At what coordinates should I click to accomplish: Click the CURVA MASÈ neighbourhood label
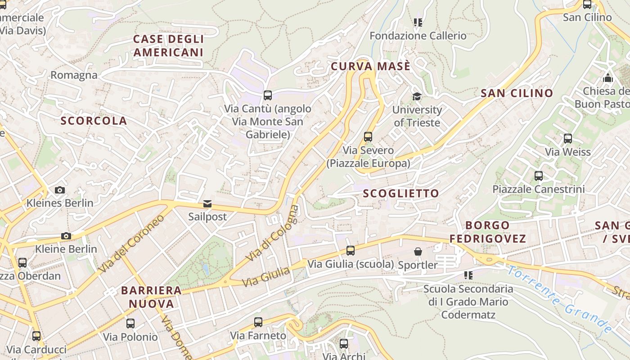click(370, 67)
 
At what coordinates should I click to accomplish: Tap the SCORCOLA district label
click(94, 121)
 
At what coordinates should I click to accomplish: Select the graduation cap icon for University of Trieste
click(417, 97)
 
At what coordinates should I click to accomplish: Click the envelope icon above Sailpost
click(207, 204)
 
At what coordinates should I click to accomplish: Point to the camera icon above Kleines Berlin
click(60, 190)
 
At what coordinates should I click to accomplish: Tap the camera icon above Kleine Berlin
click(66, 236)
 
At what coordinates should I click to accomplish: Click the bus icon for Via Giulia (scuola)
click(351, 251)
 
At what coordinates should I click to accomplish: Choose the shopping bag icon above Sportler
click(418, 252)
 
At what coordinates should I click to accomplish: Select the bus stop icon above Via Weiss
click(568, 139)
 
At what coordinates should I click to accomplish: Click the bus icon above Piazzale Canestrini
click(539, 176)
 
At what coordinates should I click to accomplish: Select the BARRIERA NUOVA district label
click(151, 297)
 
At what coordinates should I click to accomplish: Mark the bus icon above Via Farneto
click(258, 322)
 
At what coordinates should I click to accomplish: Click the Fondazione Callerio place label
click(418, 36)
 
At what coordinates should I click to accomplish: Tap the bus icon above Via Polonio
click(130, 324)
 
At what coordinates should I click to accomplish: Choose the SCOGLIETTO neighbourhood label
click(400, 193)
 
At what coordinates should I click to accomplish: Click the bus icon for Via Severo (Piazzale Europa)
click(368, 137)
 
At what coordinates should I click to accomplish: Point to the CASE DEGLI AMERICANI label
click(168, 45)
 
